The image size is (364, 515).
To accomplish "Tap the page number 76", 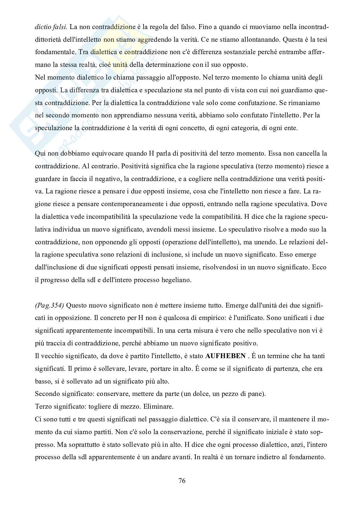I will (x=182, y=480).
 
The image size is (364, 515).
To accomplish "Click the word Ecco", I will (x=320, y=267).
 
